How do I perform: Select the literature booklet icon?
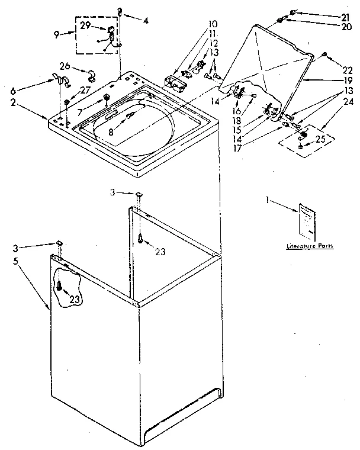tap(307, 220)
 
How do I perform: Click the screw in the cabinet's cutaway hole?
tap(60, 287)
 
